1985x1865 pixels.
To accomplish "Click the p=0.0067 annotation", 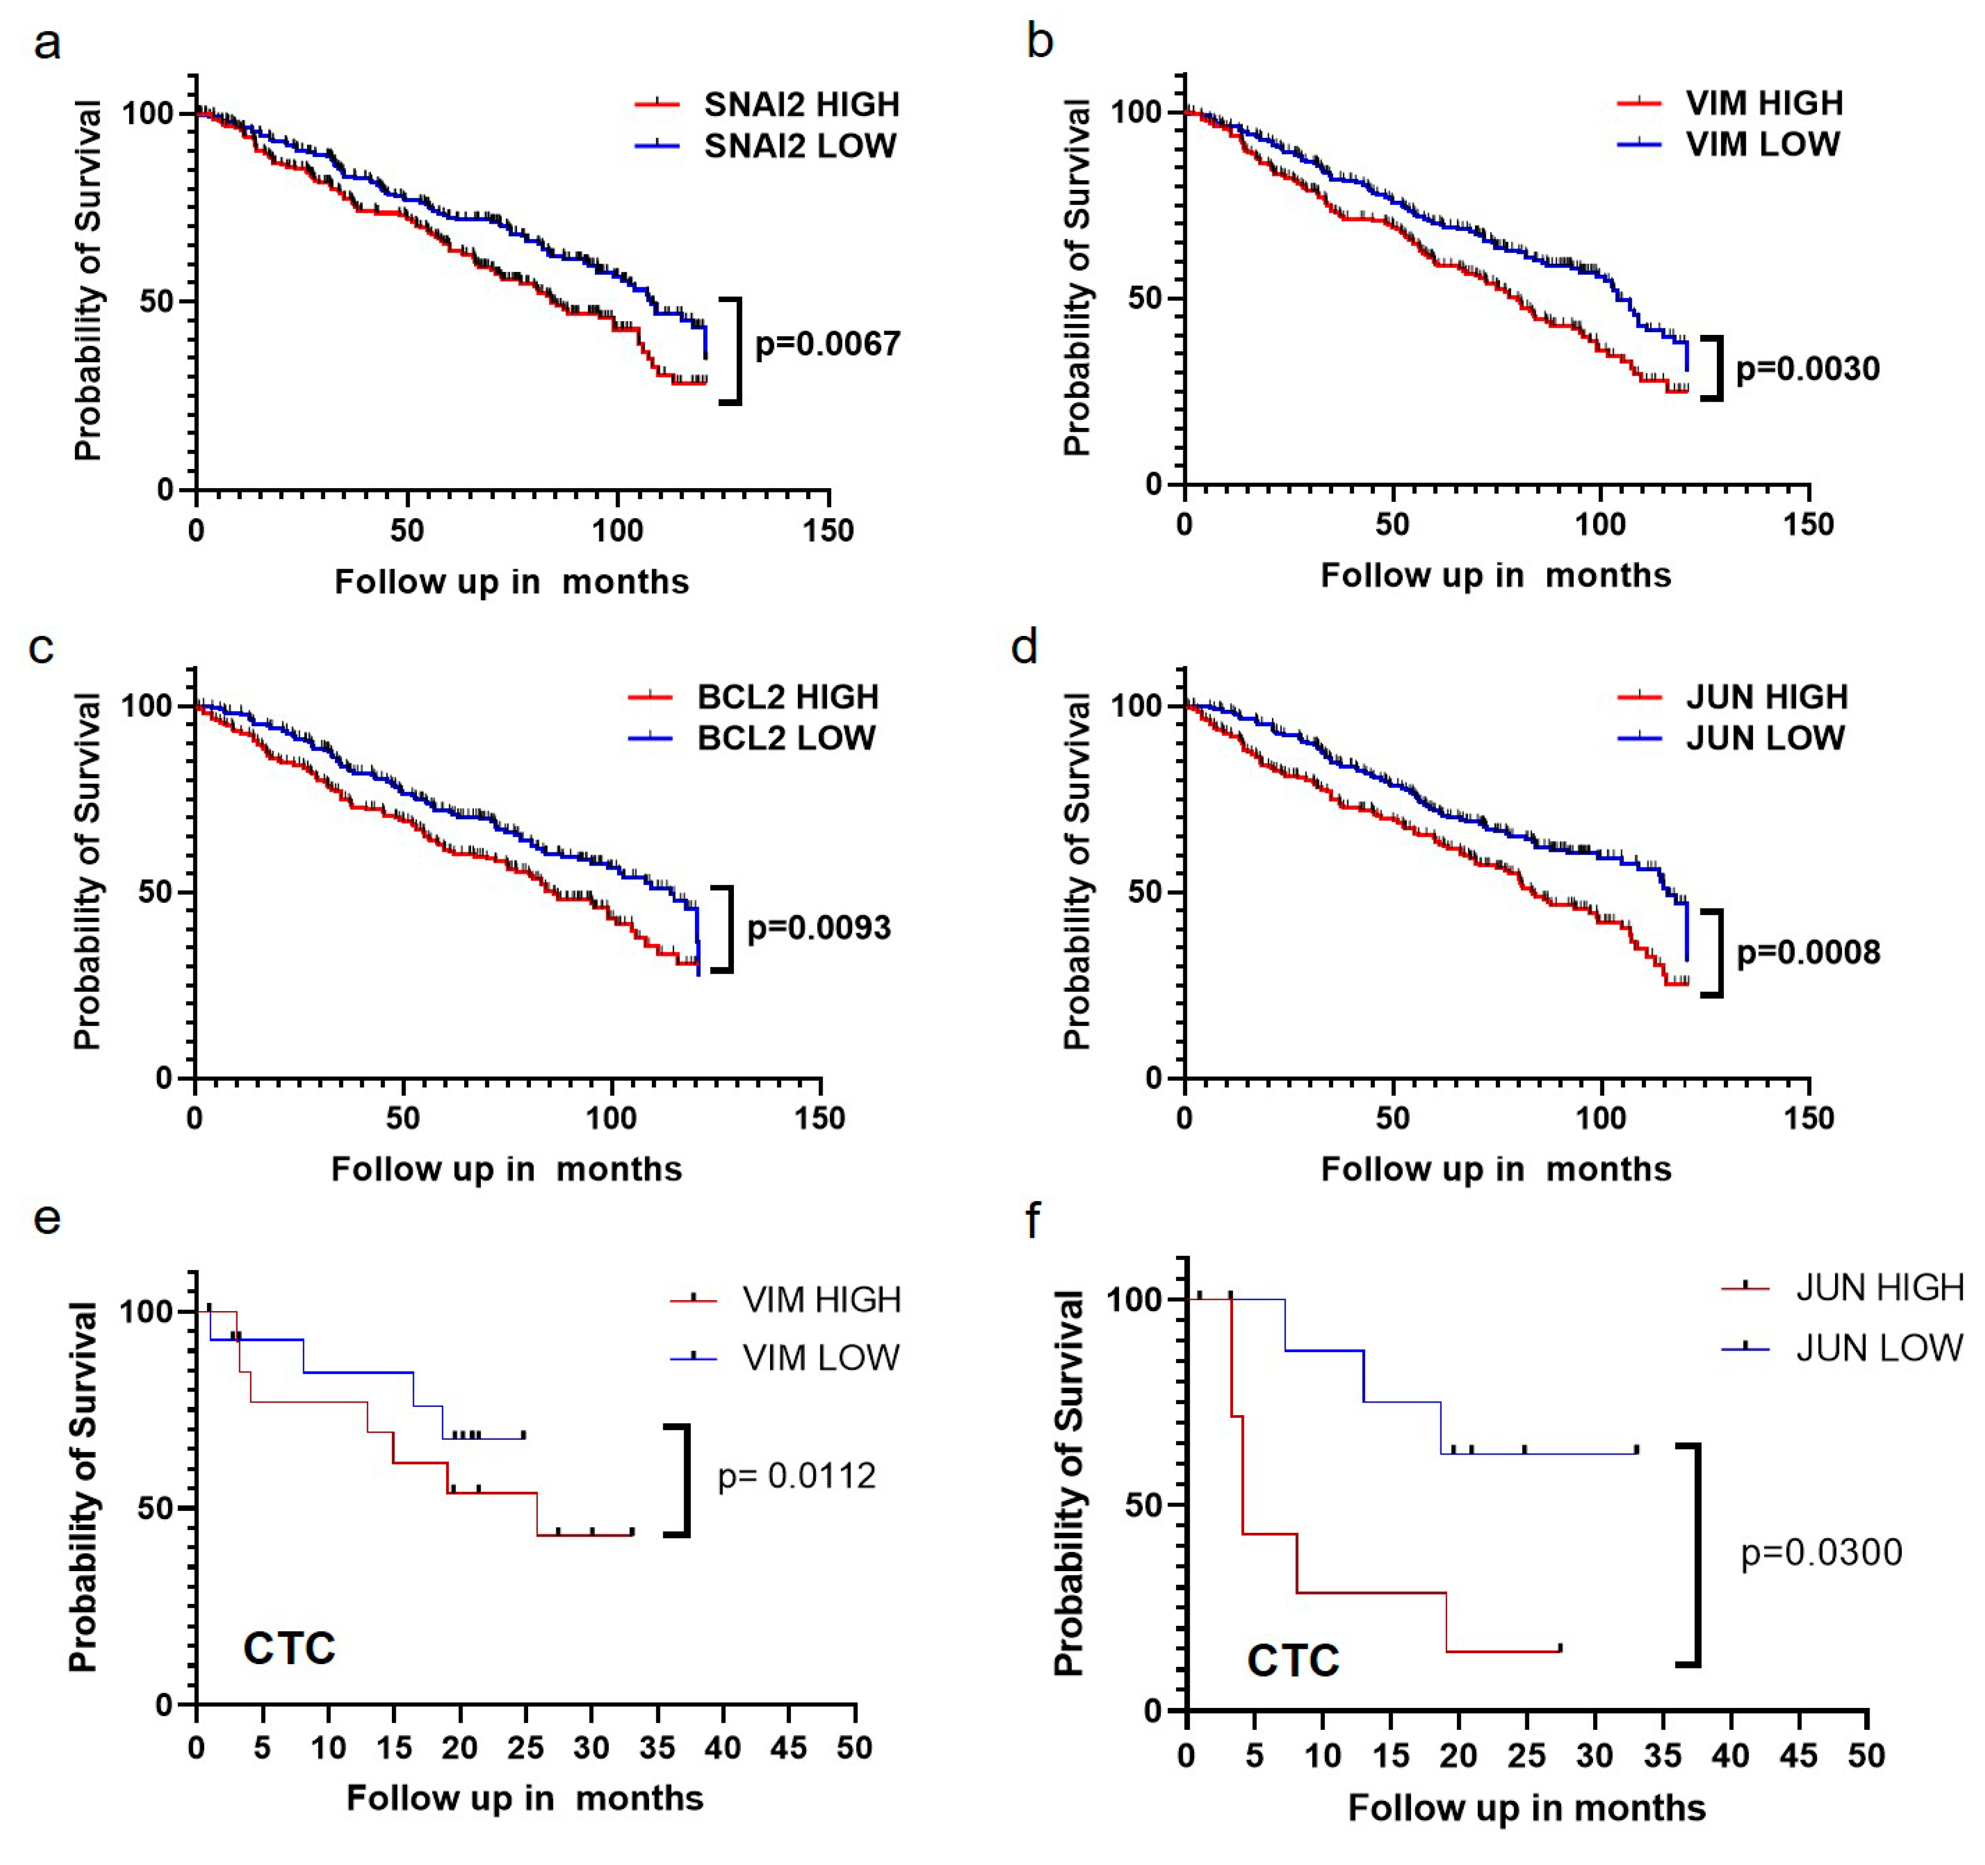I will [x=827, y=344].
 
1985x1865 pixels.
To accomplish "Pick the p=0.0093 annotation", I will [x=819, y=928].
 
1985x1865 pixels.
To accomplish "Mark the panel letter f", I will [x=1033, y=1220].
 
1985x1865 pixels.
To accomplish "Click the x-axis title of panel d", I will [x=1496, y=1169].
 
